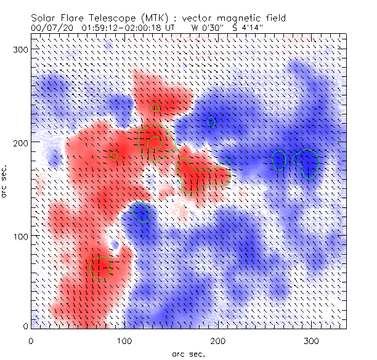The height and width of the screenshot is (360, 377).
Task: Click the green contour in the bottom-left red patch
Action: [x=100, y=268]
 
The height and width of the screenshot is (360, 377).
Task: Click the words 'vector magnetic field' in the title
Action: [x=223, y=19]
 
